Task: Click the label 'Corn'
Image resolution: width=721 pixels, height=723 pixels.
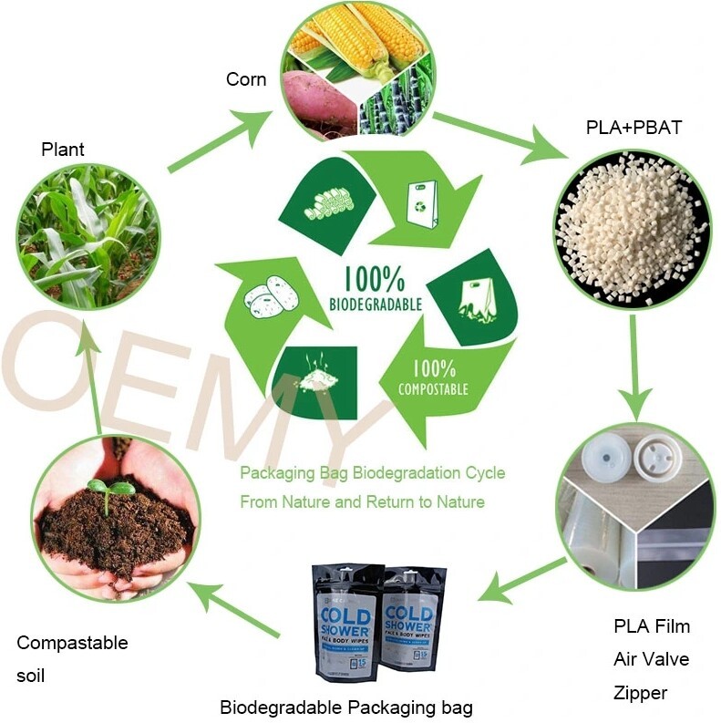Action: click(246, 80)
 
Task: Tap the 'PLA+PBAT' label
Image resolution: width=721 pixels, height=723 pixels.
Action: click(633, 128)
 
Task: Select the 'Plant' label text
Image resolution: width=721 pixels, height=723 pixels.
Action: click(63, 150)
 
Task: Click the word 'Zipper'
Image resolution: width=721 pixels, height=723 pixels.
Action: click(641, 693)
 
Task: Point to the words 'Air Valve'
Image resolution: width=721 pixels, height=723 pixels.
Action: click(652, 659)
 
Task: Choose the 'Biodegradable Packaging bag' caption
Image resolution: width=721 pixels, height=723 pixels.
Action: click(346, 708)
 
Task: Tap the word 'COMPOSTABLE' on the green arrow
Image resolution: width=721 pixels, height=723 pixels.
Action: click(433, 389)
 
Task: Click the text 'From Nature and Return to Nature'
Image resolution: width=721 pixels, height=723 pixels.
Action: click(362, 501)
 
